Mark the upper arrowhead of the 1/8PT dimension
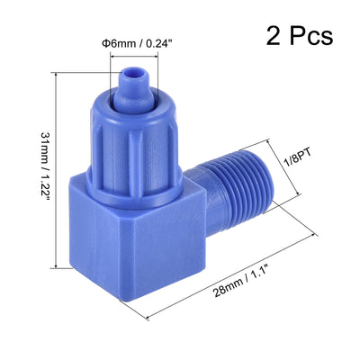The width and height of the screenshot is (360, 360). pos(273,140)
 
